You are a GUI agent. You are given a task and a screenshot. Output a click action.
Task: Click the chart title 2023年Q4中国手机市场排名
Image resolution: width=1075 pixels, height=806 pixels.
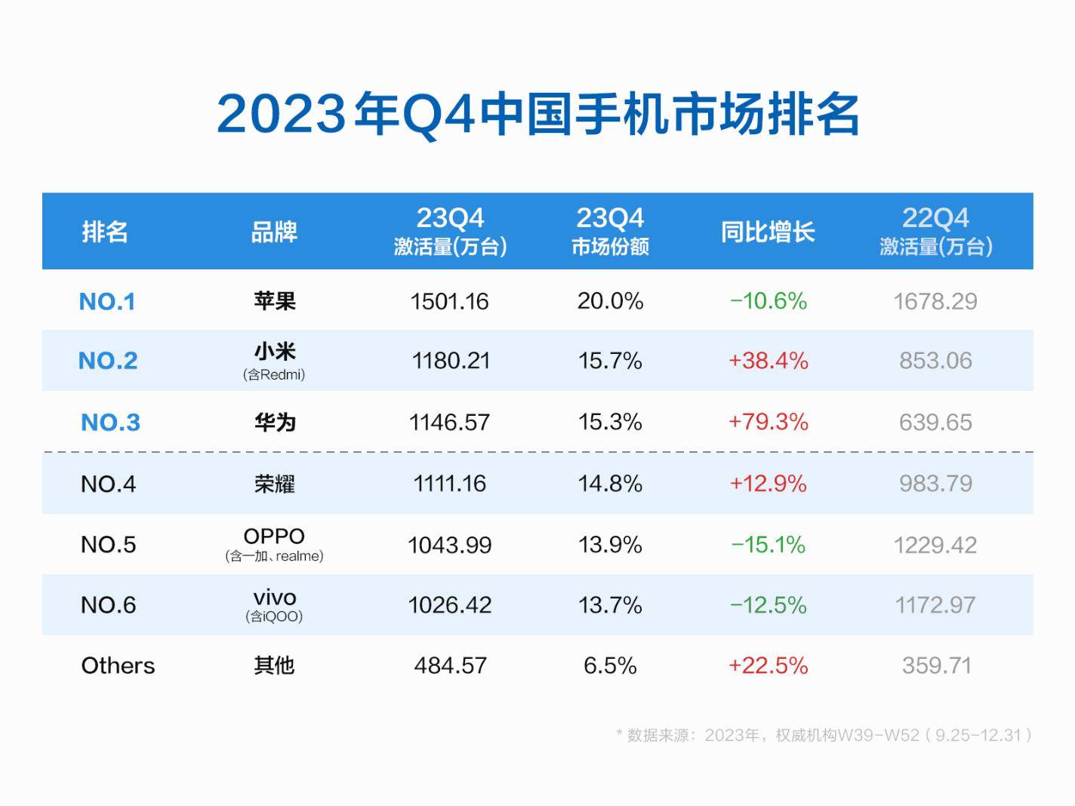(537, 115)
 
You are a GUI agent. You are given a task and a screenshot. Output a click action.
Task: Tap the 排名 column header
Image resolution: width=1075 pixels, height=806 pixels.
(105, 232)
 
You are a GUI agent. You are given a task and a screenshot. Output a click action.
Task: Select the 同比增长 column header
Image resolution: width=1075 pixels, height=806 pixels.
(768, 232)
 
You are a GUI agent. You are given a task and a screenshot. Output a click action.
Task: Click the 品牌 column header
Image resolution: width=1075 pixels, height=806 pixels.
(274, 232)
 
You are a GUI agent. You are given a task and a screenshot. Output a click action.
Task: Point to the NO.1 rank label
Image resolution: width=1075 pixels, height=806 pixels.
(107, 302)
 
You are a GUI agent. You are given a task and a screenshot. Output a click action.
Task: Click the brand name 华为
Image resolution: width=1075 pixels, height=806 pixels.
(275, 422)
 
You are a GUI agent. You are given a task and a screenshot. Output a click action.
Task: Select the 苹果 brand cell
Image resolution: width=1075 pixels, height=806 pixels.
(275, 301)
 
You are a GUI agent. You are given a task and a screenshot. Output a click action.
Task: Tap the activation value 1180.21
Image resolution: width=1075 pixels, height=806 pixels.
(450, 361)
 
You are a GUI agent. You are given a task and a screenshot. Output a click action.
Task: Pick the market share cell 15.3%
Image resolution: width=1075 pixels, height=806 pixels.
(610, 422)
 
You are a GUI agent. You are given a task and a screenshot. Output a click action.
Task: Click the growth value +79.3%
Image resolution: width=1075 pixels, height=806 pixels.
(768, 422)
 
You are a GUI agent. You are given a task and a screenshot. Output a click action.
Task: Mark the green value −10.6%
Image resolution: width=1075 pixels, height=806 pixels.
(768, 301)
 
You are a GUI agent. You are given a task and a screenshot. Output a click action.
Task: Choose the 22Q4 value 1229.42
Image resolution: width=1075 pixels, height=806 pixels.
(935, 545)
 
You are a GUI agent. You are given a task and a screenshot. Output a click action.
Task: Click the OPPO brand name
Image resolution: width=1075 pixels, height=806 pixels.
(274, 536)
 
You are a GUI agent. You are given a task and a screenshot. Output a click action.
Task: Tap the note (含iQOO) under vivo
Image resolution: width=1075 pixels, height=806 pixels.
(274, 617)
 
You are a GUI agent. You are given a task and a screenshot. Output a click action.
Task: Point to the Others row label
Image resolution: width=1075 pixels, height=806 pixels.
(118, 666)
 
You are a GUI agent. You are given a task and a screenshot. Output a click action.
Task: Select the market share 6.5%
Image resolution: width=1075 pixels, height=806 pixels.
(610, 666)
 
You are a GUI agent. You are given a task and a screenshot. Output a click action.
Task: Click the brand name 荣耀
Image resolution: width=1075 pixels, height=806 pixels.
(275, 484)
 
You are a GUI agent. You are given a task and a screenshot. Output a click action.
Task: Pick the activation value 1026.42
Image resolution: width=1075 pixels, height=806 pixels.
(450, 605)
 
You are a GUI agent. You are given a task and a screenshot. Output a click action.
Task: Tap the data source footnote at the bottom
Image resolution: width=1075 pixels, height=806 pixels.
(824, 735)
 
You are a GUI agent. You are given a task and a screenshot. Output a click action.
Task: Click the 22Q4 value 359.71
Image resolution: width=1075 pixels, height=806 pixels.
(936, 666)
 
